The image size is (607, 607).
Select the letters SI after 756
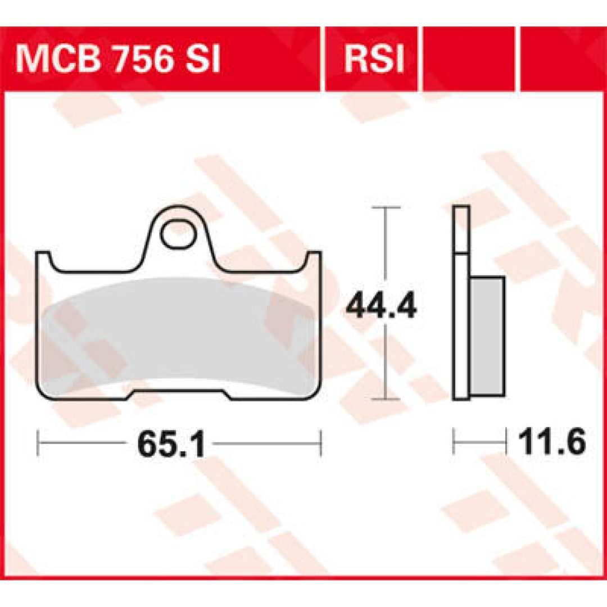[202, 58]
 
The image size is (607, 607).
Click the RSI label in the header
[374, 58]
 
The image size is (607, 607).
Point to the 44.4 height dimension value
[381, 306]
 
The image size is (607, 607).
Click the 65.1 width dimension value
[171, 443]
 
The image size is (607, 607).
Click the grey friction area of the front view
[179, 333]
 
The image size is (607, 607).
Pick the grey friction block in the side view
[487, 337]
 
